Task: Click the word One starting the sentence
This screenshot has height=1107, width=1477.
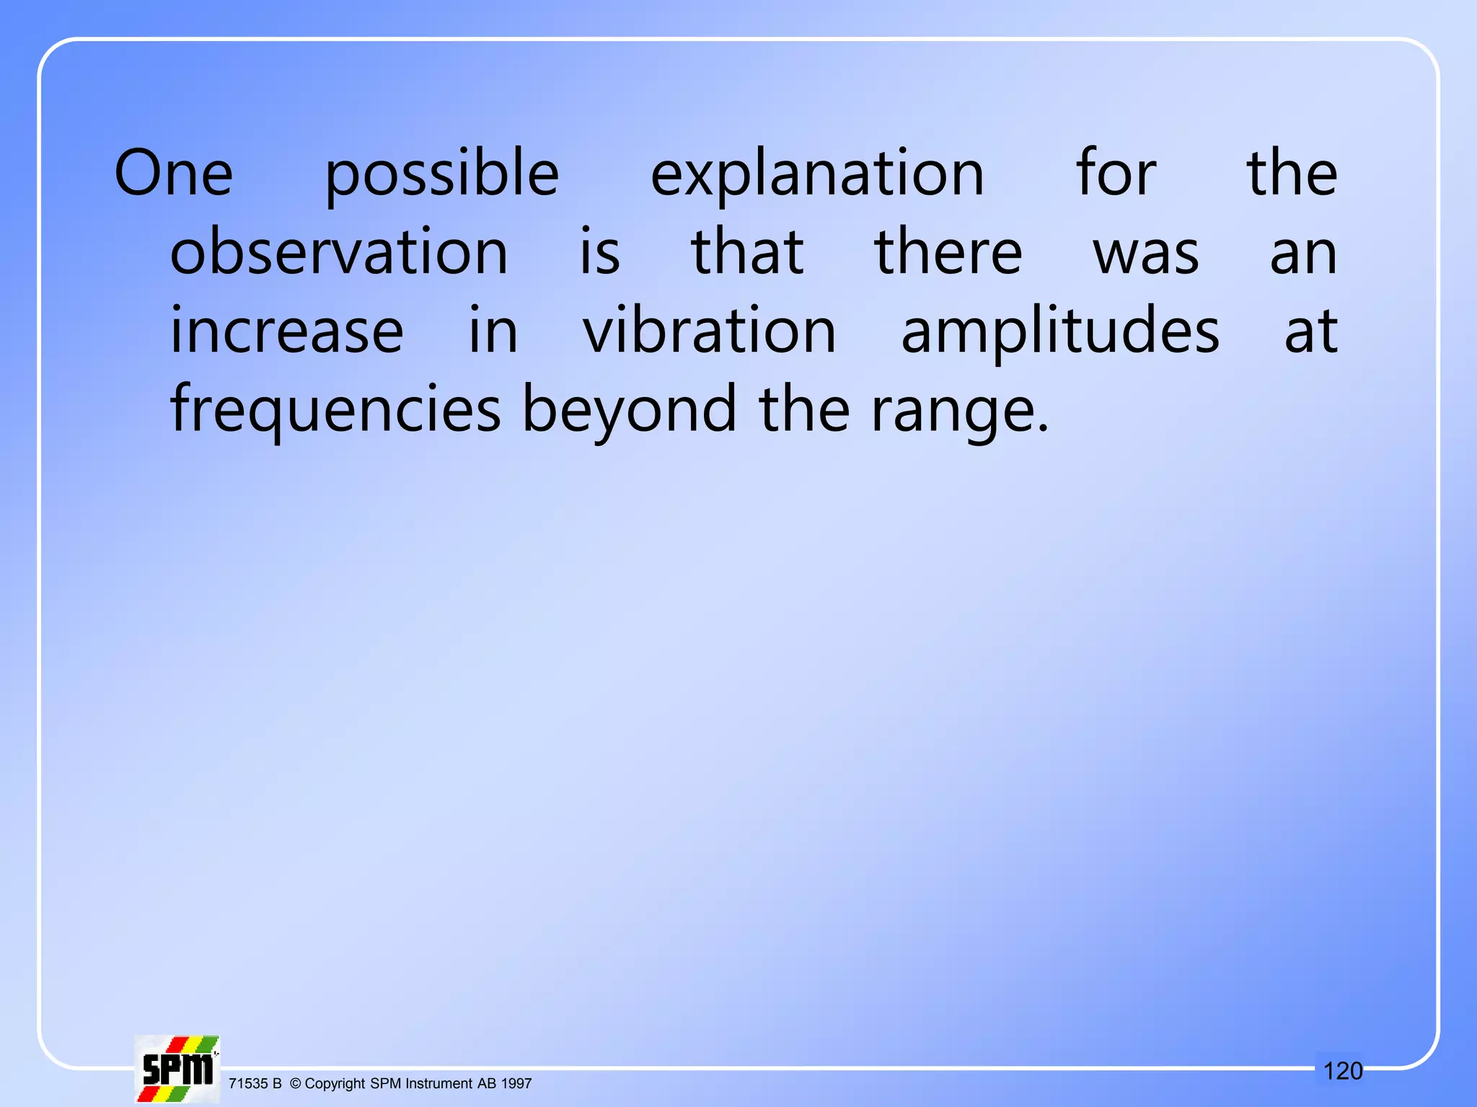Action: click(x=174, y=174)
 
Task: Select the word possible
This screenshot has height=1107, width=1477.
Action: click(x=441, y=175)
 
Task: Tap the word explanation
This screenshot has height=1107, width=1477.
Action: click(x=817, y=175)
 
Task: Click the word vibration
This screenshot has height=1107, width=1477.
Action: click(x=709, y=331)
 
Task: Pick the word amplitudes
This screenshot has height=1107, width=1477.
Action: click(x=1060, y=332)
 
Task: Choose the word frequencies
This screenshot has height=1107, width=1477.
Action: click(x=335, y=410)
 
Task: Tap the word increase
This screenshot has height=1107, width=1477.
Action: click(x=286, y=331)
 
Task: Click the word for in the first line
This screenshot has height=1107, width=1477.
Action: click(x=1116, y=174)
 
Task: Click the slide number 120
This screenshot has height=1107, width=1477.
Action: click(x=1343, y=1071)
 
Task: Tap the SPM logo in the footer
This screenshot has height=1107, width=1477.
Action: click(x=177, y=1069)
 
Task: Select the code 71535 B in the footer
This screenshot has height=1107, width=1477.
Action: click(x=255, y=1084)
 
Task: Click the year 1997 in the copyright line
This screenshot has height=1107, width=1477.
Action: click(x=516, y=1084)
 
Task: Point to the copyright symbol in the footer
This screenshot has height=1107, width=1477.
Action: click(x=295, y=1084)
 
